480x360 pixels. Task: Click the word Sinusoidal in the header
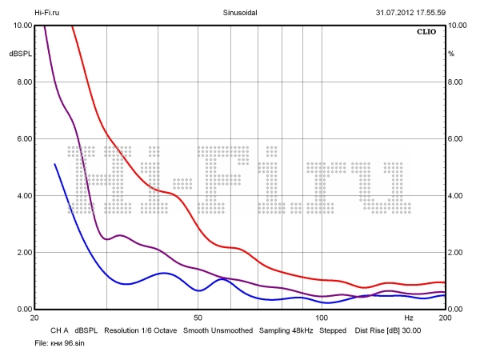[x=239, y=13]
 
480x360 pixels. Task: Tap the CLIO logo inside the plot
[x=427, y=34]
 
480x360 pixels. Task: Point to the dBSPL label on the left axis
[x=19, y=54]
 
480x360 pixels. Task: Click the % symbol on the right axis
[x=451, y=54]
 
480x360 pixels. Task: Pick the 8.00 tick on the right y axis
[x=455, y=82]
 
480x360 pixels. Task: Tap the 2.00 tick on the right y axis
[x=455, y=253]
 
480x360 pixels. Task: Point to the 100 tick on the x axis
[x=321, y=318]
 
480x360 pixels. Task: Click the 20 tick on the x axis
[x=34, y=318]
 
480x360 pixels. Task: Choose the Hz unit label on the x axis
[x=409, y=318]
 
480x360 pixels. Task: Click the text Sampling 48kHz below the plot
[x=286, y=330]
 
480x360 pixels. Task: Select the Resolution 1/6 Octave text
[x=140, y=330]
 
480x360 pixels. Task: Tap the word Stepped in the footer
[x=333, y=330]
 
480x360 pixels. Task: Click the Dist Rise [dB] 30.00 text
[x=388, y=330]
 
